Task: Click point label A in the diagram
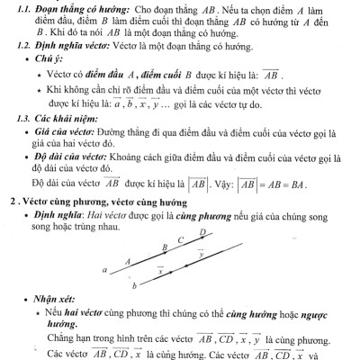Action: (127, 262)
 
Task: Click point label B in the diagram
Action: (163, 247)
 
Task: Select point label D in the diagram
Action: (202, 232)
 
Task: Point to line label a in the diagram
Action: (105, 269)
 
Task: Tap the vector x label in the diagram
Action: (160, 269)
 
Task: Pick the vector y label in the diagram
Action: (200, 254)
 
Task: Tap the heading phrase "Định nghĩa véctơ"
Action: (60, 45)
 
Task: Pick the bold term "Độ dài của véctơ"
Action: (67, 157)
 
